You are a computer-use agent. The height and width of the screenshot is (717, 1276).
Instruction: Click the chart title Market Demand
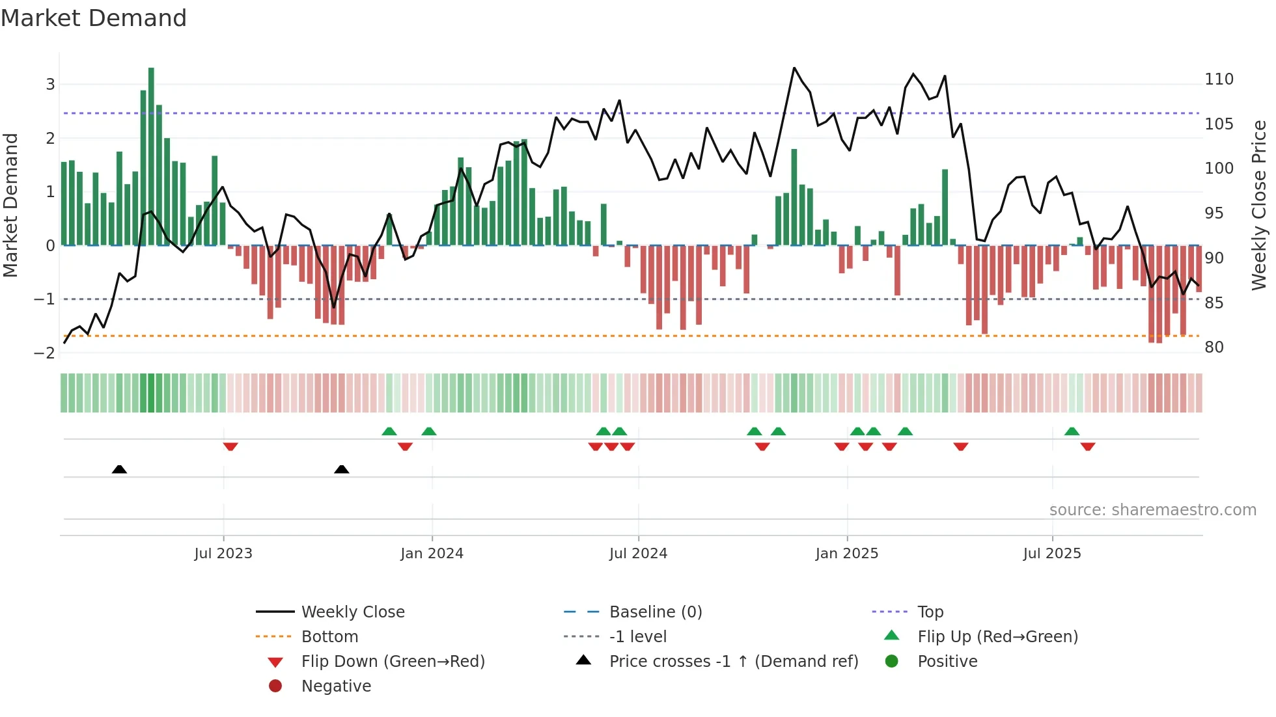(x=94, y=18)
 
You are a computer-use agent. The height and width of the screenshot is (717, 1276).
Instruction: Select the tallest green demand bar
(x=151, y=156)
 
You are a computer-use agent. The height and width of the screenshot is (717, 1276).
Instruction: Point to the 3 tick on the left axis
(x=50, y=84)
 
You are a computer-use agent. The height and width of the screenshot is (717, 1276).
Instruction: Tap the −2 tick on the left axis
(x=44, y=353)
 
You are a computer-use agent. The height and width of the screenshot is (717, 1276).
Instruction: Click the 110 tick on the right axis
(x=1219, y=79)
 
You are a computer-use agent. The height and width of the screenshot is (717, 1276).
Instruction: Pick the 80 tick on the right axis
(x=1214, y=347)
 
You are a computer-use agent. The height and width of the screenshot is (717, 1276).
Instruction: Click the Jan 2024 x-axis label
(x=432, y=553)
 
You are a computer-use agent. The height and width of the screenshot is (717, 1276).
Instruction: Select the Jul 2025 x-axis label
(x=1051, y=553)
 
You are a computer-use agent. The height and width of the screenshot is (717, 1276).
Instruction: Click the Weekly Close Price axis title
(x=1259, y=205)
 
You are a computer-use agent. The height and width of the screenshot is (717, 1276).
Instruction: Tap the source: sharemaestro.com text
(x=1152, y=509)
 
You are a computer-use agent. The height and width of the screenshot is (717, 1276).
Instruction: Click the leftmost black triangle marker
(x=119, y=469)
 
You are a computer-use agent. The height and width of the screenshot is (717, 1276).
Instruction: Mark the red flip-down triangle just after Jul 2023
(x=230, y=446)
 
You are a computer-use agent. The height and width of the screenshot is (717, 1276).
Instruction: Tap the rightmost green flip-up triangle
(x=1072, y=431)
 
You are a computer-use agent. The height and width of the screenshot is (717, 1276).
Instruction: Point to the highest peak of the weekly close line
(x=794, y=68)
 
